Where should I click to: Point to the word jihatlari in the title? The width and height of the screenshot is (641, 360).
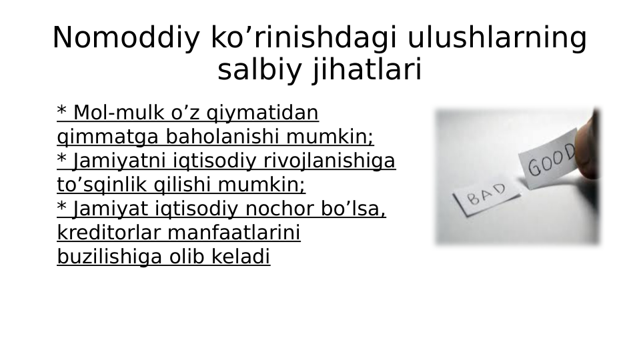click(367, 70)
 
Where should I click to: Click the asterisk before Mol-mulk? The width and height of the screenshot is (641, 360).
click(62, 111)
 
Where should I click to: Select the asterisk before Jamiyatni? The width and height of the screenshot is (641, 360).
click(62, 159)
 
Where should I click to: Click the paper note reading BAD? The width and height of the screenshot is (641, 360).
click(486, 195)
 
